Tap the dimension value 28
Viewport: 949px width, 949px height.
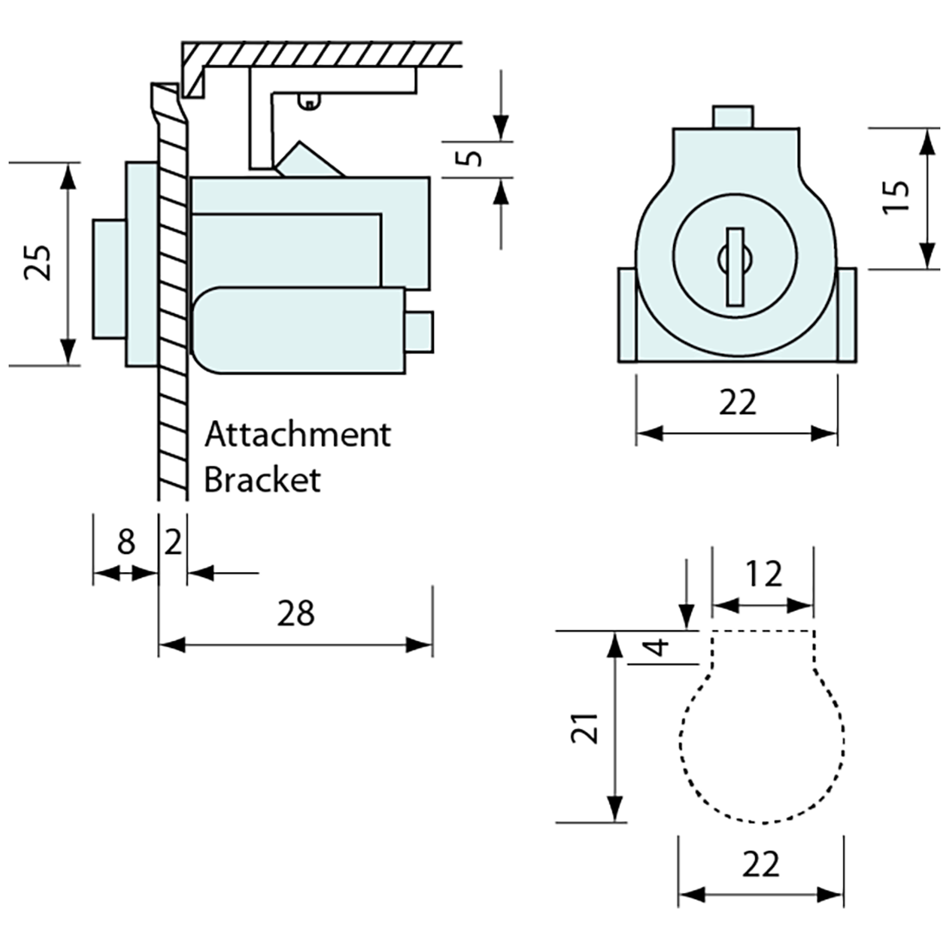click(296, 613)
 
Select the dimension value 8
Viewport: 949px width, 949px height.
click(126, 543)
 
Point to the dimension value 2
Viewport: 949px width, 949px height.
click(173, 543)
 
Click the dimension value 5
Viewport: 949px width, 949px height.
click(468, 159)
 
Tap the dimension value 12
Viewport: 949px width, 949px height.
click(763, 574)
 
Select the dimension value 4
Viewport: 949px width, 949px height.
click(657, 647)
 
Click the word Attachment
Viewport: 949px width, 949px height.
click(297, 434)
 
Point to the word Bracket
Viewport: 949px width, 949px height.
click(261, 480)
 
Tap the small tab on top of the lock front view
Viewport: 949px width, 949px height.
click(733, 116)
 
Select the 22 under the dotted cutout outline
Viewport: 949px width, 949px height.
click(760, 864)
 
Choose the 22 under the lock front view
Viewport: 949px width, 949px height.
click(737, 402)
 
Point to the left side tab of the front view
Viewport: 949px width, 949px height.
click(626, 315)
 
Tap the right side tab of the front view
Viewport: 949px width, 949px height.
click(846, 315)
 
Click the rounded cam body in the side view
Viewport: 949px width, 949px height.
click(298, 330)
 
